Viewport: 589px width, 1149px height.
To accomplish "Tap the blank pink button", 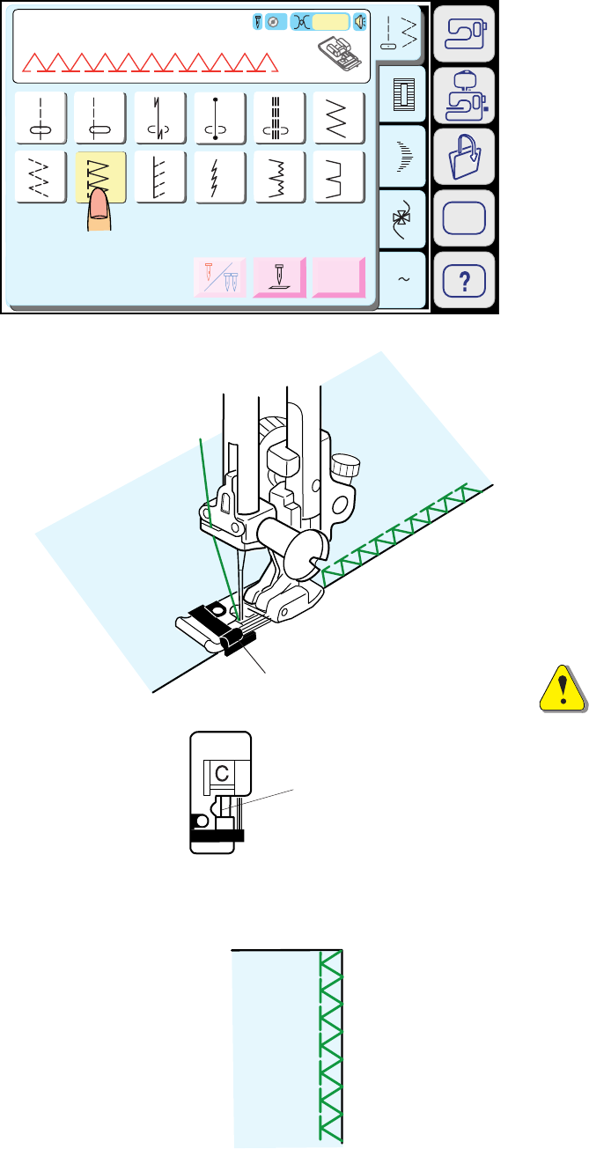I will point(339,277).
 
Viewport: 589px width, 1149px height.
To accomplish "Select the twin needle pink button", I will point(220,277).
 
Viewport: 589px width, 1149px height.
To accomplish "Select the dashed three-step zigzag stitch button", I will point(40,176).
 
